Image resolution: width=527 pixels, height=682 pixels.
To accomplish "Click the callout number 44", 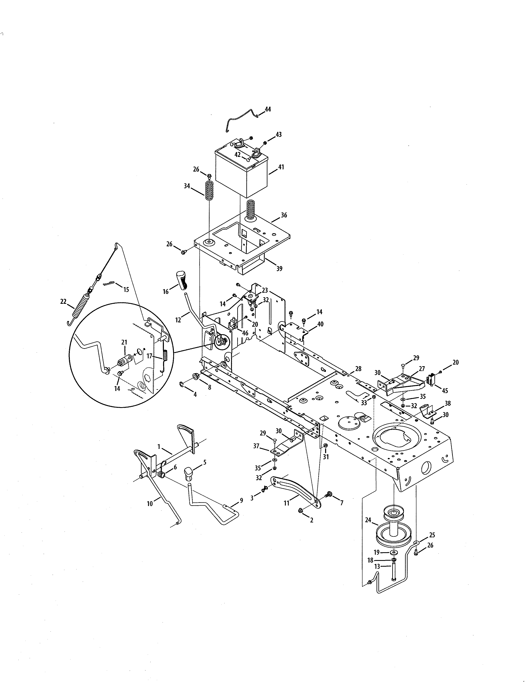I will tap(268, 109).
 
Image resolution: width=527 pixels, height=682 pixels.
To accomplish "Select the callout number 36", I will tap(284, 215).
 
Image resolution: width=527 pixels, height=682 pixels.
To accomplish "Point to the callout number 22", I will tap(63, 301).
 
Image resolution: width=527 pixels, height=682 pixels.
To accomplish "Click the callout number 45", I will tap(445, 391).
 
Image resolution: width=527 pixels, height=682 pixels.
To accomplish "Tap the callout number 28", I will tap(358, 369).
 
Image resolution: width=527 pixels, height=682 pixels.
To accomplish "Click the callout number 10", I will tap(150, 504).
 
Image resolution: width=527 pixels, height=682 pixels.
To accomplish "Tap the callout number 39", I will tap(279, 268).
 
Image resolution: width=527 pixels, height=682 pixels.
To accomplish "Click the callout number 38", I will tap(447, 403).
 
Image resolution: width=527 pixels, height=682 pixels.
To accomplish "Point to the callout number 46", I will tap(245, 333).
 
